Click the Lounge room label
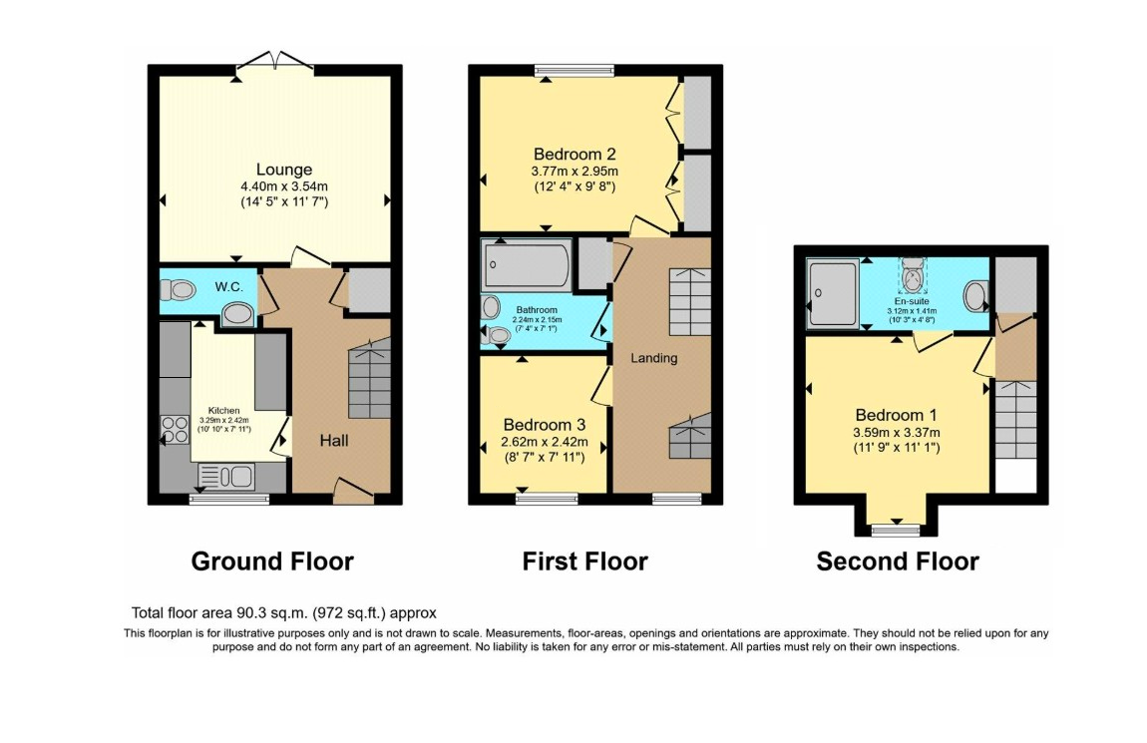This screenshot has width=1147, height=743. [284, 170]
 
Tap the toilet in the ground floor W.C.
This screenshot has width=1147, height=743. [181, 290]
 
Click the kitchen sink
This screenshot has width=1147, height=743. [228, 477]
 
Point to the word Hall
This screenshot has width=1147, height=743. [334, 440]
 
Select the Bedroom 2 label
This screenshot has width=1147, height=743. [573, 155]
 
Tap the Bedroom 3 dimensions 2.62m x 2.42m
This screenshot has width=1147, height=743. [545, 443]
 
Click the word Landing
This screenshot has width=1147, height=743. [653, 358]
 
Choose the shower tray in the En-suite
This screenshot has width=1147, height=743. [833, 293]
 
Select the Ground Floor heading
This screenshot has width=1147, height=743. [271, 561]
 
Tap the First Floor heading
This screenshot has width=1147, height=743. [584, 561]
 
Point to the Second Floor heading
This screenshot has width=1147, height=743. [897, 561]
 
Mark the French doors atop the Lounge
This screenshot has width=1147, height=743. [274, 60]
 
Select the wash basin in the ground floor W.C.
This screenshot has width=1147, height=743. [236, 314]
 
